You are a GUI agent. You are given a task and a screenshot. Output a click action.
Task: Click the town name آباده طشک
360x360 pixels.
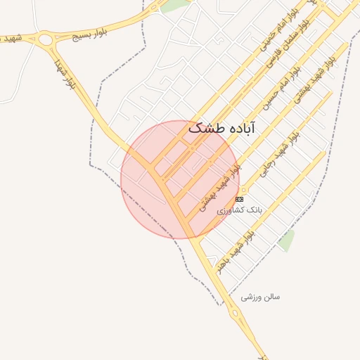click(221, 129)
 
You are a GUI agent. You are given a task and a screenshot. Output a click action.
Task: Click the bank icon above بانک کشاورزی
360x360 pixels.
click(239, 200)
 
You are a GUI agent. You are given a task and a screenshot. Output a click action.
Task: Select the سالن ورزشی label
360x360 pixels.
click(260, 297)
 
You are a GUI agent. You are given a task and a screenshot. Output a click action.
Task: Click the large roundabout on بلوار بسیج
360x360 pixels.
click(46, 40)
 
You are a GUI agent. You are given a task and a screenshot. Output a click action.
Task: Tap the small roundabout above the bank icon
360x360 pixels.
click(244, 190)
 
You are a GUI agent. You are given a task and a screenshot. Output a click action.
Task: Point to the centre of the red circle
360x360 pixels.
click(180, 179)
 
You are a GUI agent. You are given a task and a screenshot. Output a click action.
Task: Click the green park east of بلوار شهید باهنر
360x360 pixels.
click(285, 240)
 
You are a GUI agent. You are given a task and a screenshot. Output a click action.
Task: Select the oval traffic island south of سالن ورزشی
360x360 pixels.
click(234, 314)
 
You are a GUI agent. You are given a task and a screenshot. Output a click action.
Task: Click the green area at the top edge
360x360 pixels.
click(176, 5)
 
